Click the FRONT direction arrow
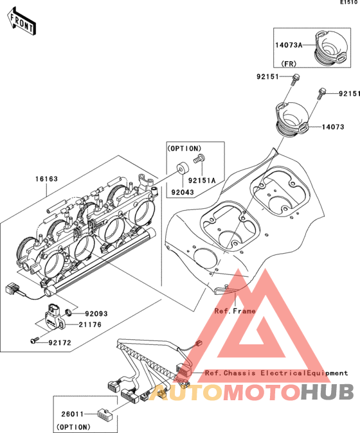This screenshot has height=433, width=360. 21,22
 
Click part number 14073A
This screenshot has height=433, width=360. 289,45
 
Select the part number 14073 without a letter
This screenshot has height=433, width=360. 333,127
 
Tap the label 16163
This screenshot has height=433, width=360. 46,179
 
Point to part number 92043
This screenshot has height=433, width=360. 183,192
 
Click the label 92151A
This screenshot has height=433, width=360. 202,181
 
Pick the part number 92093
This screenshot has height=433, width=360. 96,314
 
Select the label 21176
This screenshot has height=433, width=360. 90,325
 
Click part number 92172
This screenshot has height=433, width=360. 60,342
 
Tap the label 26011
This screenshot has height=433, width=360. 73,414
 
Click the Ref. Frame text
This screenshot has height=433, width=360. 235,311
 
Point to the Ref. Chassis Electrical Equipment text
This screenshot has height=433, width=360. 276,373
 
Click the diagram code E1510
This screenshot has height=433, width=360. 348,3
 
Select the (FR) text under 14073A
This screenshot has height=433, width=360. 289,64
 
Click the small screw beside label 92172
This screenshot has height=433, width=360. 35,341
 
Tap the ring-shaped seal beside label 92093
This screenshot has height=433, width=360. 68,312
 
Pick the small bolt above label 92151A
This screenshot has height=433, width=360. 199,159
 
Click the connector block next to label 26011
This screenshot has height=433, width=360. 105,414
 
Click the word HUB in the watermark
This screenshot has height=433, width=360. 327,392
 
